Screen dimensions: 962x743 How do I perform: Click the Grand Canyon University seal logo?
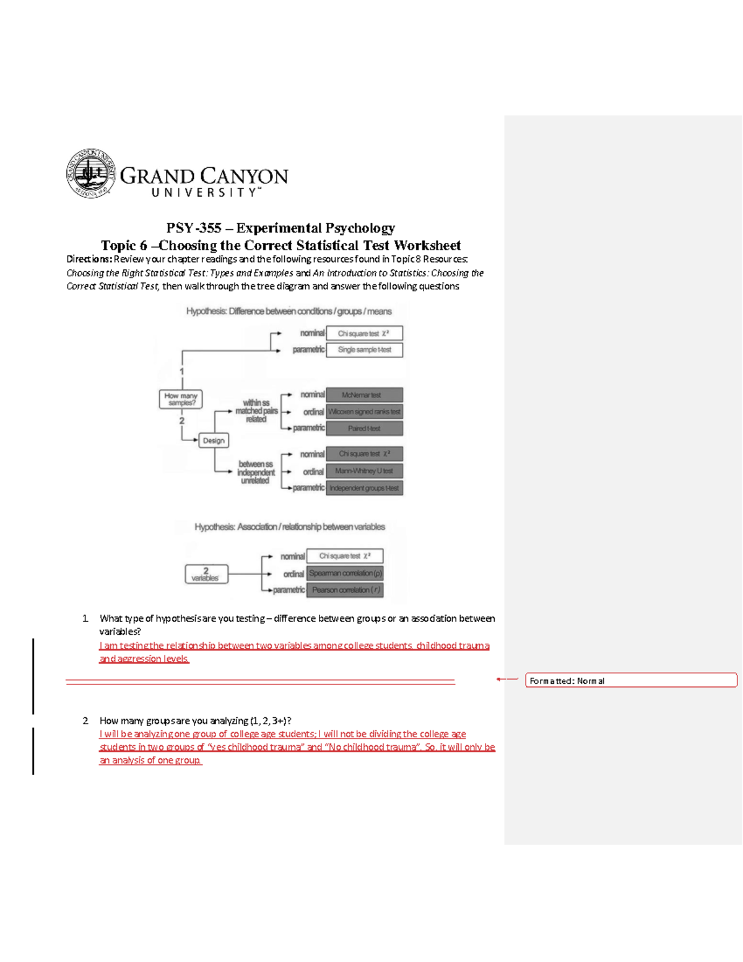click(x=91, y=173)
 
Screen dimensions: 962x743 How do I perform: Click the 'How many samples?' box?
click(x=181, y=400)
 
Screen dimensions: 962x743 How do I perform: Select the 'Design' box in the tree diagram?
click(x=214, y=440)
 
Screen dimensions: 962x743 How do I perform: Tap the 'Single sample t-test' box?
click(x=364, y=350)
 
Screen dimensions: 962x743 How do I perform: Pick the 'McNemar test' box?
click(x=364, y=395)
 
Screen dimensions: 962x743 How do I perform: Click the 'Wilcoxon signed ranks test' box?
click(x=364, y=412)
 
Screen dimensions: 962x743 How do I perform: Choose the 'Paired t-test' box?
click(x=364, y=429)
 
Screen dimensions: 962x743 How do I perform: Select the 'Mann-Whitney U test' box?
click(x=364, y=471)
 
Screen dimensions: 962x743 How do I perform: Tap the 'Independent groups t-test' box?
click(x=364, y=488)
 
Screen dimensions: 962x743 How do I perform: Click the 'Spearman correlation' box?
click(x=345, y=574)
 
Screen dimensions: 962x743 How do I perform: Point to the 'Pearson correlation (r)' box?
click(x=345, y=590)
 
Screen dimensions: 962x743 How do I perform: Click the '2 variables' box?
click(x=206, y=574)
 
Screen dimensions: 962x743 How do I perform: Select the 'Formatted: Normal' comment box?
click(x=631, y=681)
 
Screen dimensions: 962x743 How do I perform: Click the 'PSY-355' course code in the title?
click(x=193, y=228)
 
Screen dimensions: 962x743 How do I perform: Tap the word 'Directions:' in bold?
click(x=89, y=260)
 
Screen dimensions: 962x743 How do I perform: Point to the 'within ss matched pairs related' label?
click(x=256, y=411)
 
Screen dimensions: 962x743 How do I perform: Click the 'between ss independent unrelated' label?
click(x=255, y=472)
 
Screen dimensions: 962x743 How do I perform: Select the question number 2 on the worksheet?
click(x=85, y=721)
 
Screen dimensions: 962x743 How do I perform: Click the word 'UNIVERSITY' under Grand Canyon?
click(x=204, y=193)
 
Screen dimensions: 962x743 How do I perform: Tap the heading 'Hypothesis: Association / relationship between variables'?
click(x=289, y=527)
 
